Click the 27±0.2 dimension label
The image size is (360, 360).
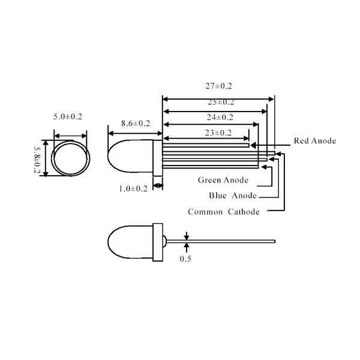(218, 86)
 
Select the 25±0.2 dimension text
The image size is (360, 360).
(221, 102)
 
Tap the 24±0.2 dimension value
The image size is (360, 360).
(220, 118)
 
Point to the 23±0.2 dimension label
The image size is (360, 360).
(218, 133)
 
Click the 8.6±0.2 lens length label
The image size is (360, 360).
(136, 124)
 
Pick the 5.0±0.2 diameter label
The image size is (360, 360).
(68, 116)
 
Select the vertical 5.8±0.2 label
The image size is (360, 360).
(37, 160)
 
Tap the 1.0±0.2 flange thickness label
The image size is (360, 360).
(133, 189)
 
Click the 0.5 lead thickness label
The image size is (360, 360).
(185, 259)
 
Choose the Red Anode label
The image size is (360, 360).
(315, 141)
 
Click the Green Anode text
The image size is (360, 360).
(223, 180)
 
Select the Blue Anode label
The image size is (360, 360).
(233, 196)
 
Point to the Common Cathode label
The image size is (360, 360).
(224, 212)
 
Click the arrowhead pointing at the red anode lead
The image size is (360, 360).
(253, 145)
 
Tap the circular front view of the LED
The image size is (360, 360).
(71, 158)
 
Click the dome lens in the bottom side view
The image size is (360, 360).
(130, 242)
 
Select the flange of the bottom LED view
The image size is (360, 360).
(158, 242)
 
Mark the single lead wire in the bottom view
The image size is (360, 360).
(221, 241)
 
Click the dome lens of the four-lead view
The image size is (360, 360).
(130, 156)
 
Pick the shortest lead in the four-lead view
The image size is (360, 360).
(206, 145)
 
